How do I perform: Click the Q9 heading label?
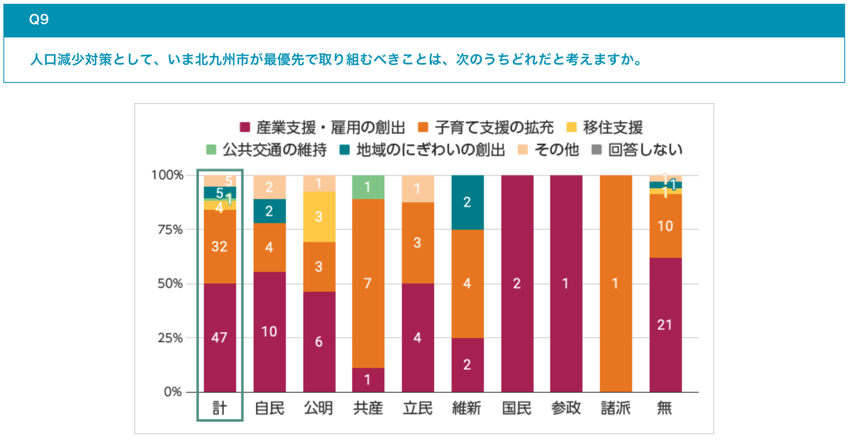[39, 19]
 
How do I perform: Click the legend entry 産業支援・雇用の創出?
[323, 128]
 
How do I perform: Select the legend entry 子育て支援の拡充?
[486, 128]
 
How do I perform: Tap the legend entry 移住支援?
[605, 128]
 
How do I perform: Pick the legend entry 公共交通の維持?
[267, 150]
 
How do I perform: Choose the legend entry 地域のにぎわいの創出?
[422, 150]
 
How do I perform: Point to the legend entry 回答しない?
[637, 150]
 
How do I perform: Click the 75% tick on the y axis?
[170, 229]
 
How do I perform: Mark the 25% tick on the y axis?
[170, 338]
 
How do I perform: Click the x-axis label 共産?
[368, 408]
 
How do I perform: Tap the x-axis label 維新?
[467, 408]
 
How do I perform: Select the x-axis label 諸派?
[616, 408]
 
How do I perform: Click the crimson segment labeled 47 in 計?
[220, 337]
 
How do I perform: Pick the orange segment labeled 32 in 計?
[220, 246]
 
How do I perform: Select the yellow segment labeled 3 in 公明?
[319, 217]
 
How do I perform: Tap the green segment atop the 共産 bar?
[368, 187]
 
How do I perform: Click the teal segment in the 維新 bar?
[467, 202]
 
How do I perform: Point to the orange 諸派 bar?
[616, 284]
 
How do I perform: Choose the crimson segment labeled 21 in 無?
[665, 325]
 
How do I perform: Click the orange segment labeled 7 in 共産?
[368, 283]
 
